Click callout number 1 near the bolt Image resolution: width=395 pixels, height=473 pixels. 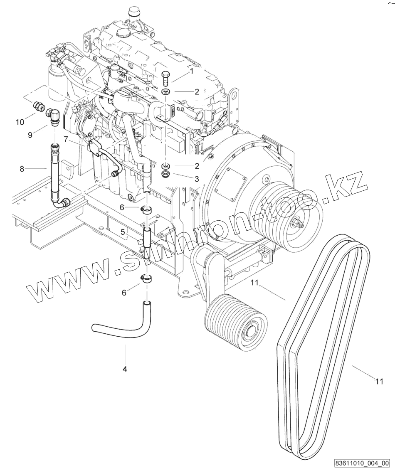pos(192,71)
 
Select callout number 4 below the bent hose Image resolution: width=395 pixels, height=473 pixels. pos(124,369)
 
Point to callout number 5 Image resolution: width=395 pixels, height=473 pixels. pos(123,233)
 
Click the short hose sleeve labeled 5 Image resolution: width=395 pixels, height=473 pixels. pos(146,239)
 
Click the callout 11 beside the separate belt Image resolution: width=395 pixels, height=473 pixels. pos(378,381)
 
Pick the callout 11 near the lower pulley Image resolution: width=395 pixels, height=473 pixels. pos(254,283)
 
